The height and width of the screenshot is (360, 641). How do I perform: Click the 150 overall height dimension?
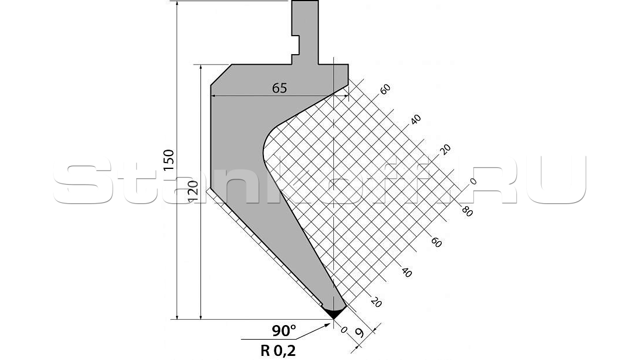pos(169,160)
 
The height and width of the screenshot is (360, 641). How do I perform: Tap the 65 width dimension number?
pos(279,88)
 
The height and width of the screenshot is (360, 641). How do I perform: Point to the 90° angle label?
pos(284,331)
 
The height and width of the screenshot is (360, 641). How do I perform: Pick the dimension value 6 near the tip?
pos(360,334)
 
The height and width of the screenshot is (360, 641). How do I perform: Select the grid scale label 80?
pos(466,211)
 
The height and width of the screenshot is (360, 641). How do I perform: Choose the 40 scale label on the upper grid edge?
pos(415,119)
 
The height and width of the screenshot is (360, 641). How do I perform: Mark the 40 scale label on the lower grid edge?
pos(407,272)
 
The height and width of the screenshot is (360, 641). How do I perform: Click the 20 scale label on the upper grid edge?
pos(445,149)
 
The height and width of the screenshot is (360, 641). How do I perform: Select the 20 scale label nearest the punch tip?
pos(376,302)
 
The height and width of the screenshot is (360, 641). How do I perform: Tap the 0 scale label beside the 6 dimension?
pos(343,330)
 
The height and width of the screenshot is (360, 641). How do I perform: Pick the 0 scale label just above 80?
pos(473,181)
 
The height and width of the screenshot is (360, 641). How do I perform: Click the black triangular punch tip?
pos(333,313)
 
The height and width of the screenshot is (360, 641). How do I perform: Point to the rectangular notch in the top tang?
pos(295,44)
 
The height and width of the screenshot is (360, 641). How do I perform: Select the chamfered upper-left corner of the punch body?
pos(221,75)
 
